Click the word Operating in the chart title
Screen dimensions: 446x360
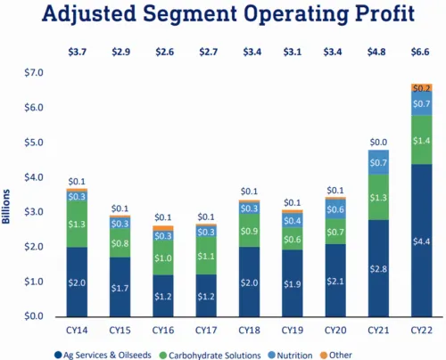click(x=296, y=13)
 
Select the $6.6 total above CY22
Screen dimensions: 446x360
click(x=420, y=52)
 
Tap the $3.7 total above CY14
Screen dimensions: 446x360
click(x=78, y=52)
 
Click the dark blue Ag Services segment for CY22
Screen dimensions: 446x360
click(x=422, y=241)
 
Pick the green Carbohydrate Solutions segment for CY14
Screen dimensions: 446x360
click(x=77, y=225)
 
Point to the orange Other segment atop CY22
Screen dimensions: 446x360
click(x=422, y=87)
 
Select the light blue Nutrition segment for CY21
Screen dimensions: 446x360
click(x=378, y=162)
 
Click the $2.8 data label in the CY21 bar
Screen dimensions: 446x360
click(x=378, y=269)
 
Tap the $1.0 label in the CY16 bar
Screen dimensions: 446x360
click(x=163, y=258)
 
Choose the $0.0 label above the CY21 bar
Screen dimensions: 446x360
click(x=378, y=143)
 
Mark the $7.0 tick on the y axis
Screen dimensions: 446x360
click(x=34, y=72)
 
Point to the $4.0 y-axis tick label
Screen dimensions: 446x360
click(x=34, y=177)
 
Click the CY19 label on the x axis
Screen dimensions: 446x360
click(x=293, y=331)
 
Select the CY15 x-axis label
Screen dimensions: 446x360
click(x=120, y=331)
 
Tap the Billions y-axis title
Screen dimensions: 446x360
click(x=6, y=207)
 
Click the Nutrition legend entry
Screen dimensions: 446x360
click(x=290, y=356)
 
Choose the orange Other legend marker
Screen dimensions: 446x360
click(x=324, y=356)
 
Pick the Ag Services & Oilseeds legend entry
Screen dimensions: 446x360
click(x=103, y=356)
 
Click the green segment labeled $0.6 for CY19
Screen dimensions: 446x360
click(x=293, y=239)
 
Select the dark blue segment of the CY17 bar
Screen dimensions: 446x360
click(x=206, y=296)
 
